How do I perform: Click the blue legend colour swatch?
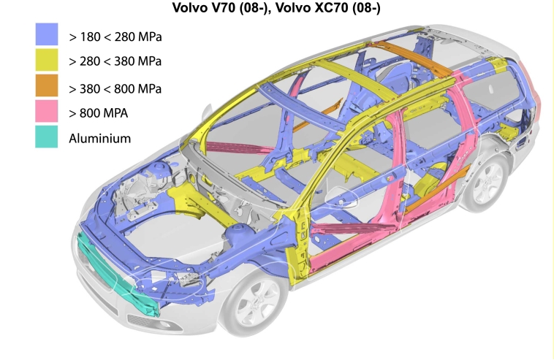coord(47,34)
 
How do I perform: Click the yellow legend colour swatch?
coord(47,60)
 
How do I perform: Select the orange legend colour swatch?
coord(47,85)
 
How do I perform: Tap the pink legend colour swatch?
coord(47,111)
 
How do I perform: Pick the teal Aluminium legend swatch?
coord(47,137)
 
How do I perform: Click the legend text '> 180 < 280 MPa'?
coord(115,37)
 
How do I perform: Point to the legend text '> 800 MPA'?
coord(98,113)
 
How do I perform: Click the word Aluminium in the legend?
coord(99,138)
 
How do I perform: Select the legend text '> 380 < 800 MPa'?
coord(115,88)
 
